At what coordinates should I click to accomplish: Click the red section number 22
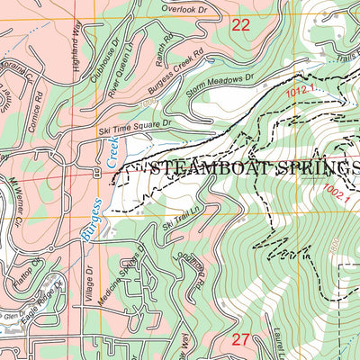tap(240, 25)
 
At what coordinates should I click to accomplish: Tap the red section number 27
tap(240, 339)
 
